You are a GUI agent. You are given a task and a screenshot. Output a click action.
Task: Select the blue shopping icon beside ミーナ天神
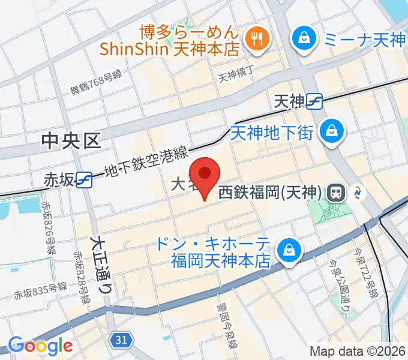tap(301, 40)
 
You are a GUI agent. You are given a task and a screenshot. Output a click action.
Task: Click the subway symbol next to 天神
tap(314, 101)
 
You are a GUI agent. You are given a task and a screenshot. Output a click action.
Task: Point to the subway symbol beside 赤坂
tap(84, 179)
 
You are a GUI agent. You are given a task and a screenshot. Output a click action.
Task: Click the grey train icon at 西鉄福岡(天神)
tap(337, 193)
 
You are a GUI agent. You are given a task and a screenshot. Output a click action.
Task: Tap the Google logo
tap(40, 346)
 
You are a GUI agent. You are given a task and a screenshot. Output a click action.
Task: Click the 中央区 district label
tap(70, 141)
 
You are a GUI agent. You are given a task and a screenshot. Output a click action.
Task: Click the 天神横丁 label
tap(236, 76)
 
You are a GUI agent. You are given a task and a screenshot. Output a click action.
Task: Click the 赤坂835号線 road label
tap(40, 292)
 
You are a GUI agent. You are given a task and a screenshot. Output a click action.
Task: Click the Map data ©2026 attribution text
tap(358, 351)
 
